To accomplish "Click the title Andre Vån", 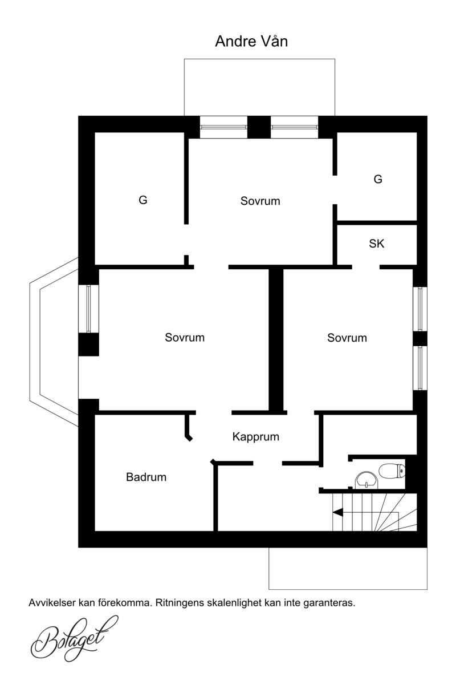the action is pos(251,42).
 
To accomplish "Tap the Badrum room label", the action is pos(146,477).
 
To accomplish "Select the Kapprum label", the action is pos(256,437).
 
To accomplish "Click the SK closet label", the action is pos(376,244).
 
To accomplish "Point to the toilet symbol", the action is pos(392,471).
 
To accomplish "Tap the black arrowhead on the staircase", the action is pos(338,512).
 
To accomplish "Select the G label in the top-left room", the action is pos(142,200).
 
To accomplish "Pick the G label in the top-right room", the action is pos(377,179).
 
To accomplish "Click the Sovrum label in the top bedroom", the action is pos(260,201).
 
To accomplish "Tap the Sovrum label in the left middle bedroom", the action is pos(185,338).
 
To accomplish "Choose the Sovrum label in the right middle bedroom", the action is pos(347,338).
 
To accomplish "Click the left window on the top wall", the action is pos(223,127).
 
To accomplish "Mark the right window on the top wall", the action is pos(294,127).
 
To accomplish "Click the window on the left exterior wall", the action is pos(89,309).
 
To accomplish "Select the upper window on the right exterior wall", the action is pos(420,309).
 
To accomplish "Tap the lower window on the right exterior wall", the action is pos(420,368).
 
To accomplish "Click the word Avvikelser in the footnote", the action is pos(52,603).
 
